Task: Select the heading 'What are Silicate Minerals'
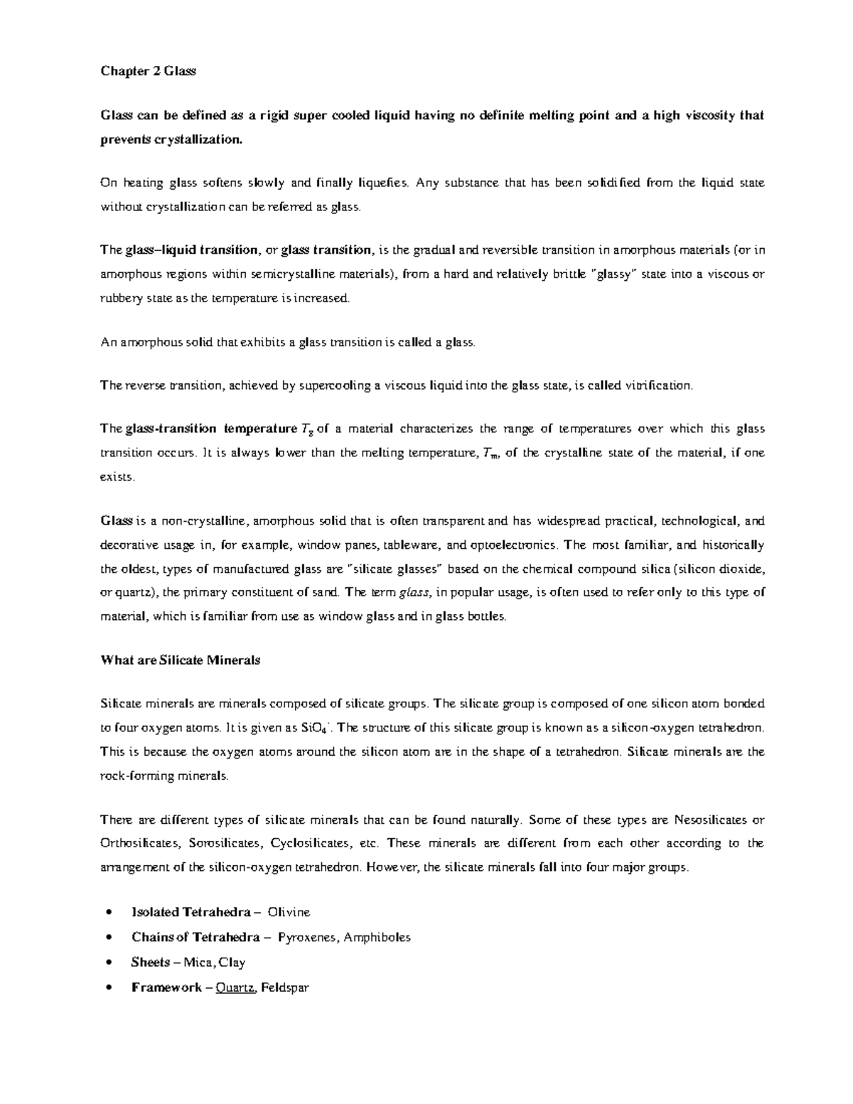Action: coord(181,660)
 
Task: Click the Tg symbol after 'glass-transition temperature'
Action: coord(307,429)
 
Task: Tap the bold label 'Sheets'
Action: coord(150,963)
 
